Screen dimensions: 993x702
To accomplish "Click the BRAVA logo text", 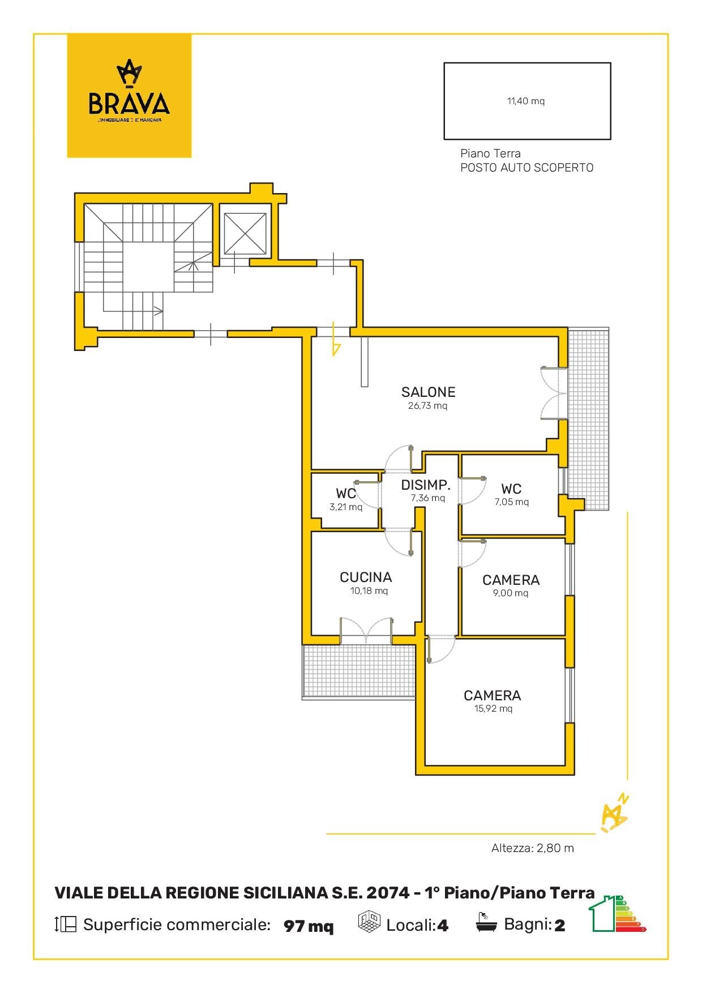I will pos(129,104).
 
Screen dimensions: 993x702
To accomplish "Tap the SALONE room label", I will pos(428,392).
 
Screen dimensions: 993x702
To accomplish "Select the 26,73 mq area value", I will pos(427,406).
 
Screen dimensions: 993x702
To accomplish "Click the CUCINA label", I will pos(366,577).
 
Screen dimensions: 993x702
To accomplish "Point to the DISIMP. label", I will pos(426,485).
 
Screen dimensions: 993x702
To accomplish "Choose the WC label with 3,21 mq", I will pos(346,493).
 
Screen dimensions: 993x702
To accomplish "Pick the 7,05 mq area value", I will pos(512,502).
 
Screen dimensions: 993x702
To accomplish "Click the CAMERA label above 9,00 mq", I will pos(511,580).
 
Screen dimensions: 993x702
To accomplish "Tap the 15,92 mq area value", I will pos(493,709).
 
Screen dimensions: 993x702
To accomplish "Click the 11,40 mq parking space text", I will pos(525,101).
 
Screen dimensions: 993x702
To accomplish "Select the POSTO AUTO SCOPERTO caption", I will pos(526,168).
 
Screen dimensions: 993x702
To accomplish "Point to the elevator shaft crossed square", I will pos(245,233).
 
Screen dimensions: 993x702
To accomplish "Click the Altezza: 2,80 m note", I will pos(532,848).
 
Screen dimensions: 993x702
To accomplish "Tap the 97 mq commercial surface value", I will pos(309,926).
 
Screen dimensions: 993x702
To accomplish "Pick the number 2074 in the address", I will pos(388,893).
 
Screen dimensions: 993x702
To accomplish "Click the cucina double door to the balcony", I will pos(366,631).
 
